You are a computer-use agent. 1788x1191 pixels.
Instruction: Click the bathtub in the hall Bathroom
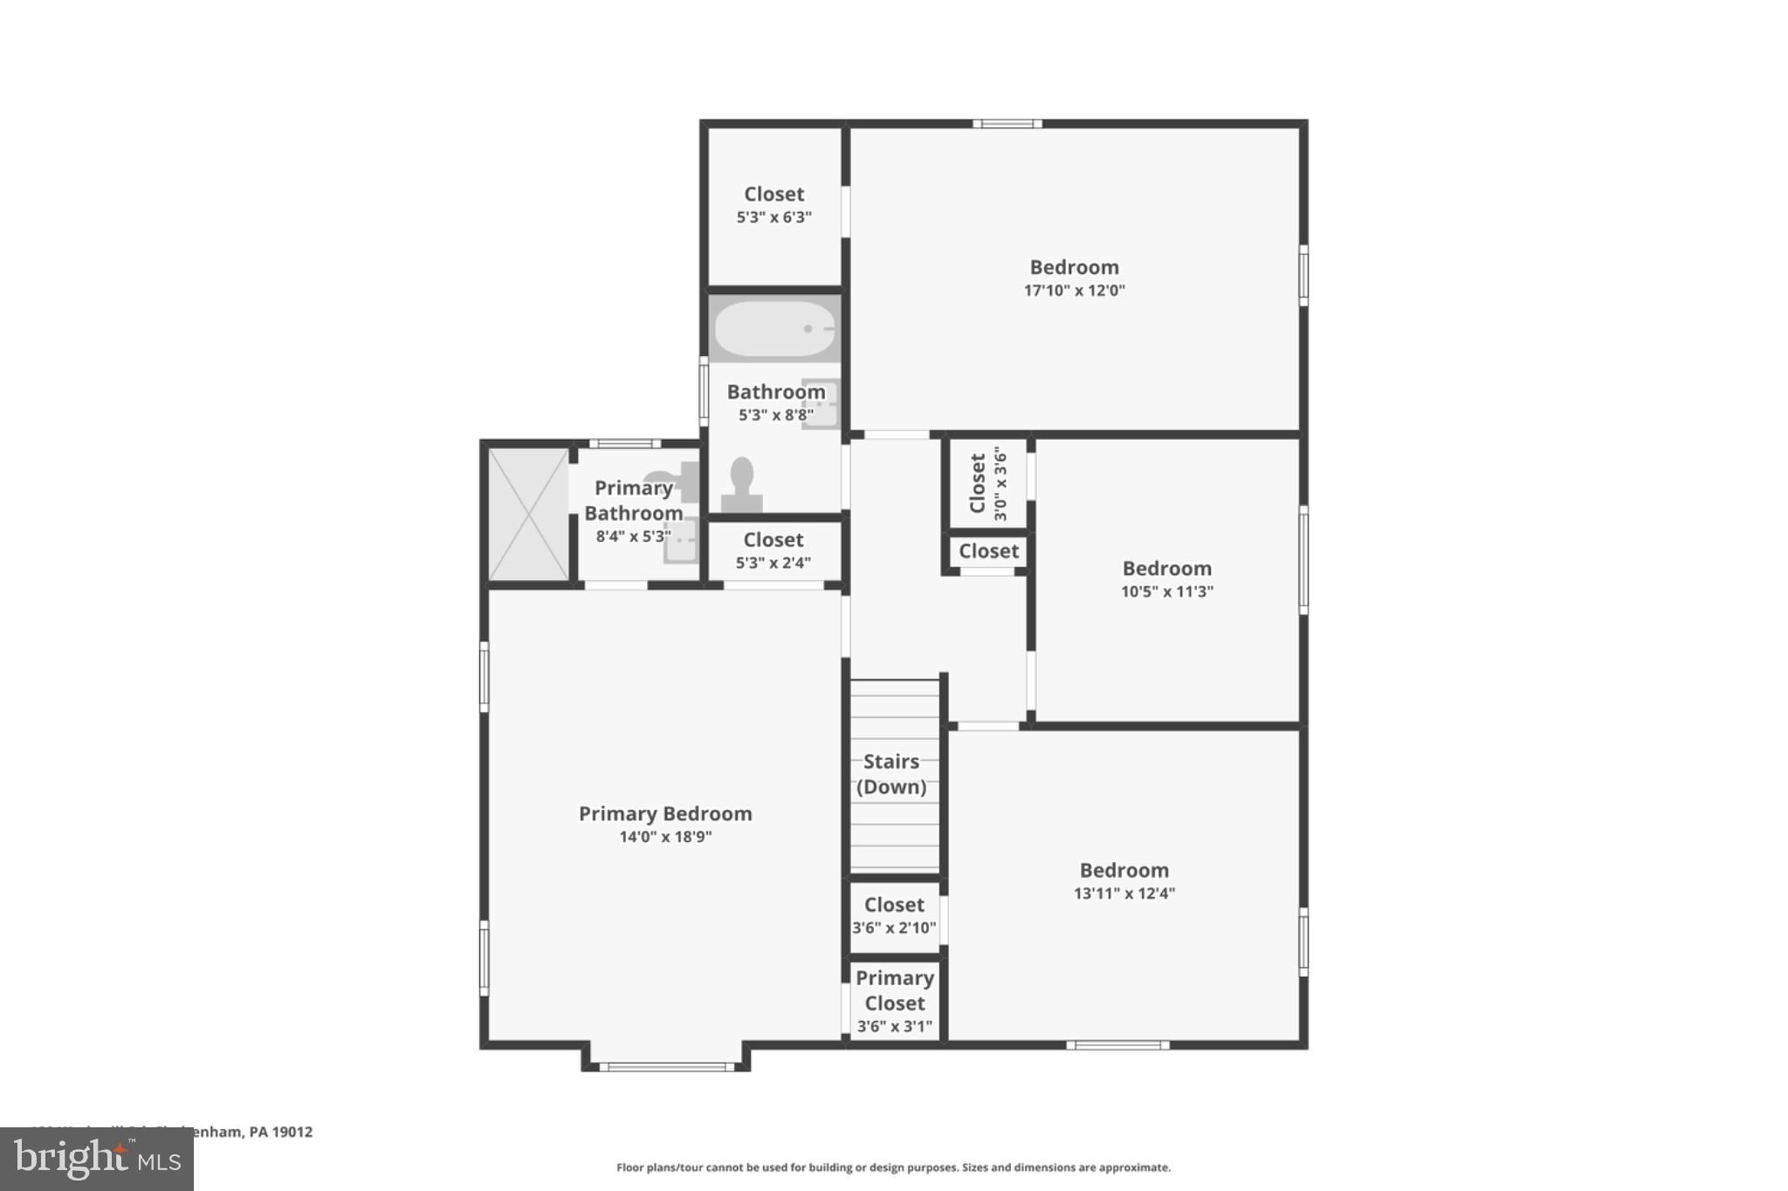tap(774, 329)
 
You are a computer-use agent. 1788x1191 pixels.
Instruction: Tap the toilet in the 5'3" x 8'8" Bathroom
tap(741, 485)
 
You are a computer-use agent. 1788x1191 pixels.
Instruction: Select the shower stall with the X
tap(528, 514)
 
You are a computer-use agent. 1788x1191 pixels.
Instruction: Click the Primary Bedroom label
tap(665, 813)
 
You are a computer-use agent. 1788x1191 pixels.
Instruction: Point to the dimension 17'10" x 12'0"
tap(1074, 291)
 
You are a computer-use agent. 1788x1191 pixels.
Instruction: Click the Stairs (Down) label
tap(891, 774)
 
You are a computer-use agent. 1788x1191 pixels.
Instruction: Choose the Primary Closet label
tap(894, 990)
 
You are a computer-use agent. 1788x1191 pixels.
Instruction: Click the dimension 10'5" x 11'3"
tap(1166, 592)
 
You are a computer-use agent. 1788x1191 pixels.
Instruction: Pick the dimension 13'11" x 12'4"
tap(1124, 893)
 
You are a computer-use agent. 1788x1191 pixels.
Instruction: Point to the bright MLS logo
tap(97, 1160)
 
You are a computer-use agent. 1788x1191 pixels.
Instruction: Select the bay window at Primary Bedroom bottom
tap(666, 1066)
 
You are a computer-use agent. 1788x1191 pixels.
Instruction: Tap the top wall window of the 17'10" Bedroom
tap(1007, 124)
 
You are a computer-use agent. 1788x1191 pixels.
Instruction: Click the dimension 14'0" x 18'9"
tap(665, 837)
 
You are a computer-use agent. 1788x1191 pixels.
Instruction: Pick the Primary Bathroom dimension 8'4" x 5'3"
tap(633, 537)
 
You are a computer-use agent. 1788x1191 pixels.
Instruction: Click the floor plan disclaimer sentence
tap(893, 1167)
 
